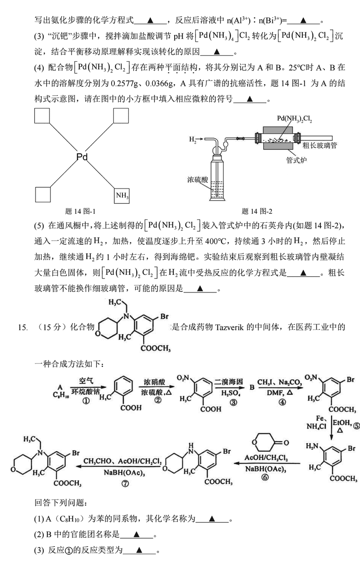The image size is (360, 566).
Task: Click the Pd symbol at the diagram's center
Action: (x=82, y=157)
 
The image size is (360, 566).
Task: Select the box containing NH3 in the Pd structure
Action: (x=121, y=196)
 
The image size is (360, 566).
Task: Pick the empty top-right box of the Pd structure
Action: (x=121, y=116)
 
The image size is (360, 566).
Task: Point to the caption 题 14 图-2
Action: (x=257, y=211)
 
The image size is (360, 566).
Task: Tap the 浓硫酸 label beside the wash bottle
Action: (x=198, y=179)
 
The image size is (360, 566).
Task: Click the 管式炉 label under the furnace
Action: (x=296, y=160)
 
